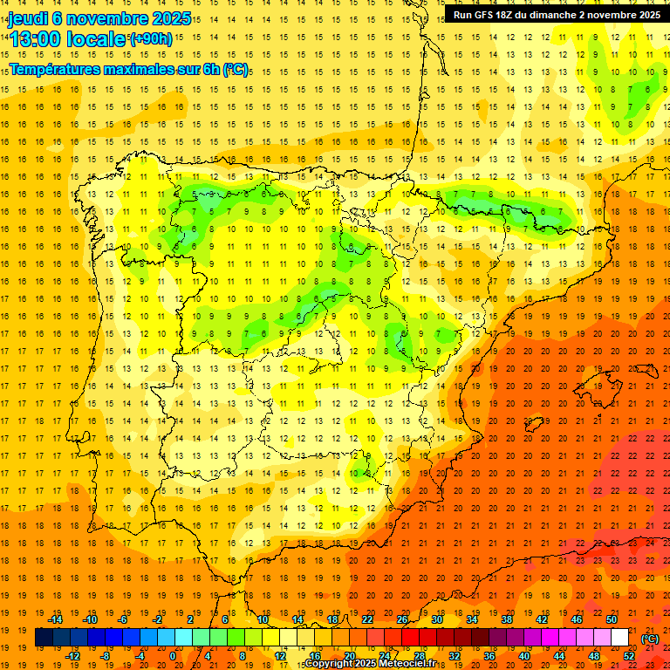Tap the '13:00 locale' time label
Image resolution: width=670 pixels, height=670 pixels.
click(x=67, y=39)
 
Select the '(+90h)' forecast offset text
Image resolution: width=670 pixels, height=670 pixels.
click(x=152, y=39)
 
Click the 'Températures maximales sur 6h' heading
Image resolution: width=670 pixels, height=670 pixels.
click(x=128, y=69)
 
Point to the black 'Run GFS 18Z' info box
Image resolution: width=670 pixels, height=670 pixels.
click(x=556, y=15)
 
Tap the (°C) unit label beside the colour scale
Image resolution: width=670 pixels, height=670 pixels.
click(x=649, y=639)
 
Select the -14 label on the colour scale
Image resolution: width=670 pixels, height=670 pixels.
click(x=56, y=619)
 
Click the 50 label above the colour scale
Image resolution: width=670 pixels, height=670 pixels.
click(x=612, y=619)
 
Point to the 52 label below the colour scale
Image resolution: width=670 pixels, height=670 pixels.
click(x=629, y=655)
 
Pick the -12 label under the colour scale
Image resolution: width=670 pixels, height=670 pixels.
click(x=73, y=655)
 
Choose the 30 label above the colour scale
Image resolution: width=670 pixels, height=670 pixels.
click(x=437, y=619)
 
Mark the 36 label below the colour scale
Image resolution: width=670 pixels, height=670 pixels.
click(x=489, y=655)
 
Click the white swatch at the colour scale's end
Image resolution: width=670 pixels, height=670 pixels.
click(x=619, y=638)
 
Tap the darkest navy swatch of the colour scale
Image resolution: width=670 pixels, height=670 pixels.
click(x=44, y=638)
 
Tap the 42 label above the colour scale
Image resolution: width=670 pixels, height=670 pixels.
click(x=542, y=619)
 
